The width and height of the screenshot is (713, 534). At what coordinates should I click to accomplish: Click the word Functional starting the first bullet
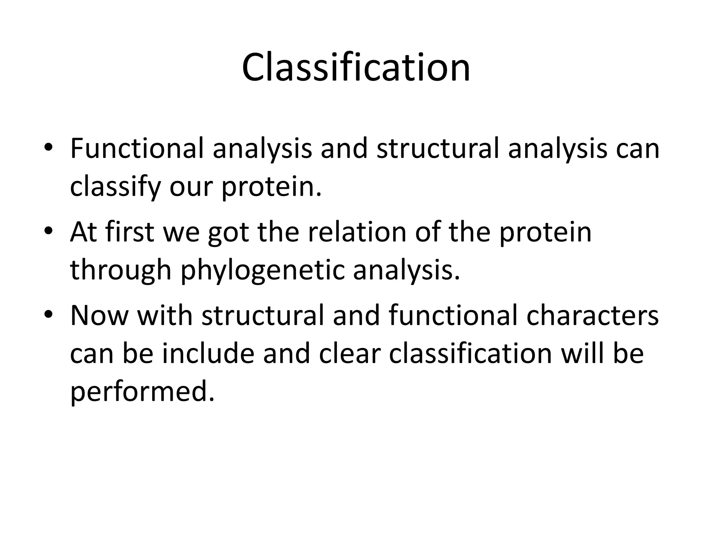[136, 149]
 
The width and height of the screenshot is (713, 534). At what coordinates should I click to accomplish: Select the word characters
[592, 316]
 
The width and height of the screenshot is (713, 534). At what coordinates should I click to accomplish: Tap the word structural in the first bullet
[438, 149]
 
